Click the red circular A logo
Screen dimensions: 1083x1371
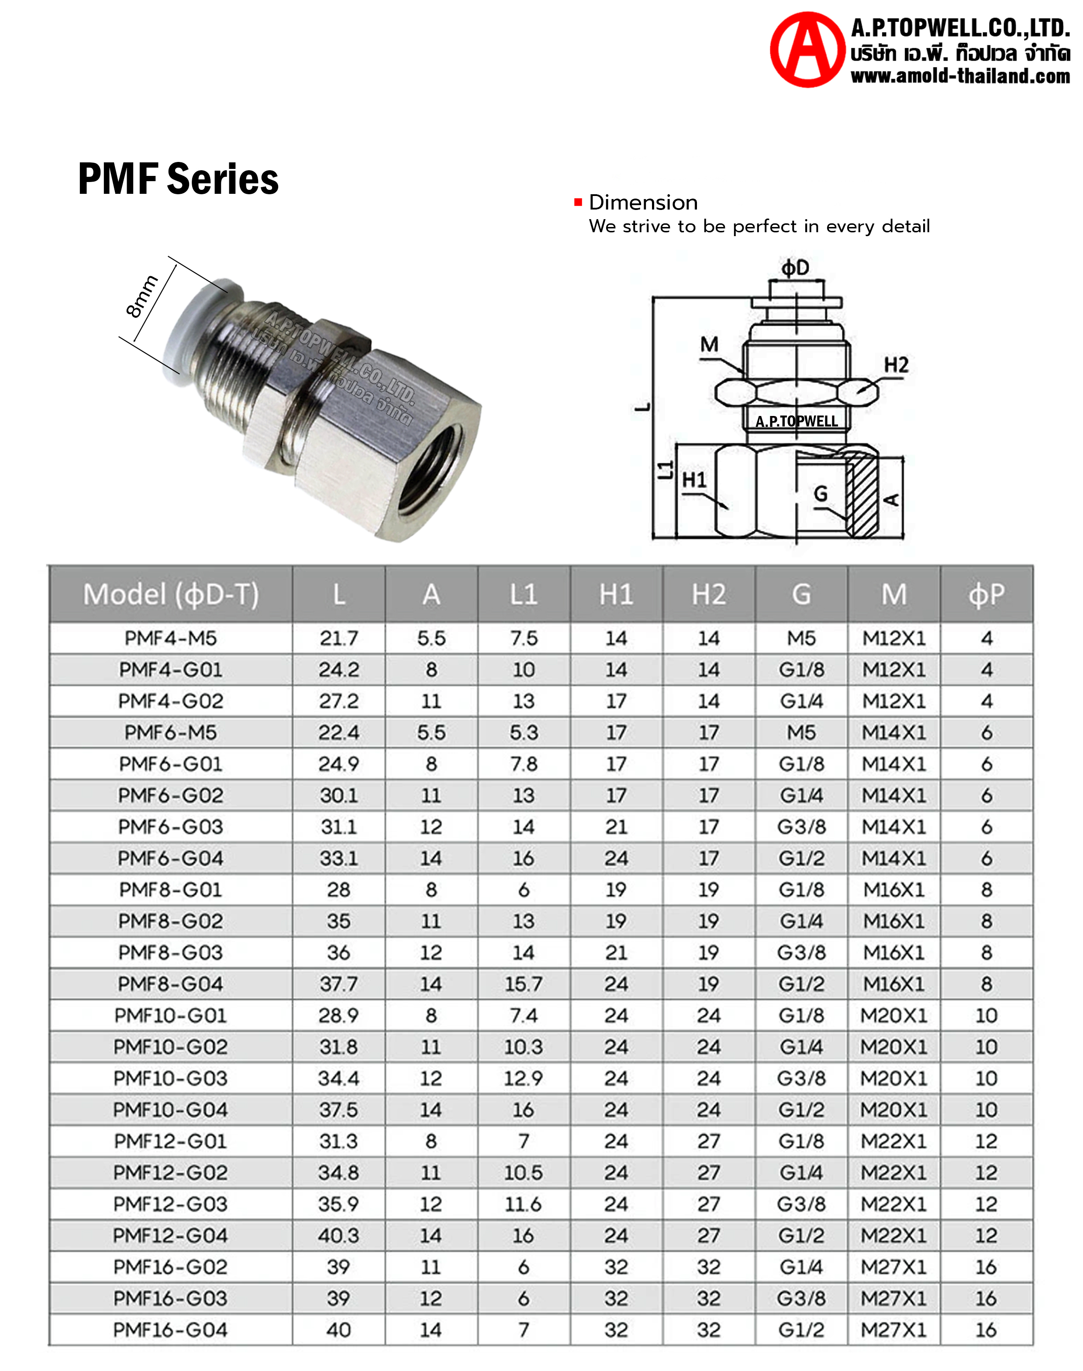coord(807,49)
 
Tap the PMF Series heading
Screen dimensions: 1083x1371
coord(178,179)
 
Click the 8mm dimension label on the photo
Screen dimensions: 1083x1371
coord(141,296)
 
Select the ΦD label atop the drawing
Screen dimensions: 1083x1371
coord(795,268)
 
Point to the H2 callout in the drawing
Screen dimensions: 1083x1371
coord(896,364)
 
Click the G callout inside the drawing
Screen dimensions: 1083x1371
coord(821,493)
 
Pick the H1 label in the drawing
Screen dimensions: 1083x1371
coord(694,480)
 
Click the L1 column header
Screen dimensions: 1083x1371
coord(524,594)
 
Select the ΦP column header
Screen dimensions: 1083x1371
coord(986,594)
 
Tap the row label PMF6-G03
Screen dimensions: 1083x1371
coord(171,827)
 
